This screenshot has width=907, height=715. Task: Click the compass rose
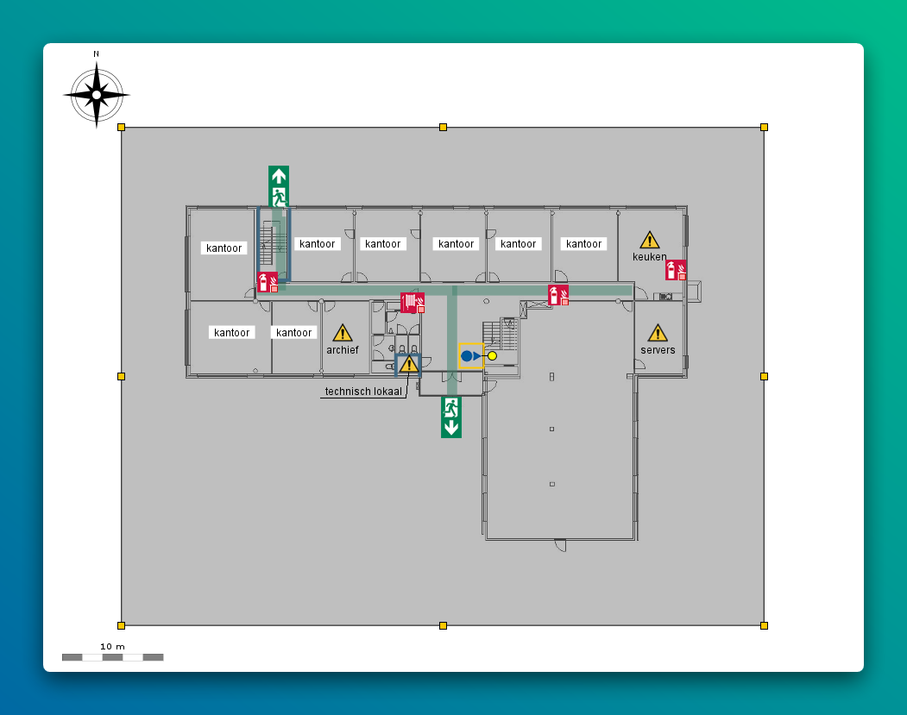click(97, 95)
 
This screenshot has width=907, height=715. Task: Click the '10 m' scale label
click(112, 646)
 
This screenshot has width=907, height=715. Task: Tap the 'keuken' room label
click(649, 257)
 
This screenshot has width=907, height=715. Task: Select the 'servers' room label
click(658, 350)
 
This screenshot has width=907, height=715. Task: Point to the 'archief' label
click(343, 350)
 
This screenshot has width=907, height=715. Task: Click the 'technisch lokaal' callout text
click(363, 392)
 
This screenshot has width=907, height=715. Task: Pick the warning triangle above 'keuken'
click(649, 240)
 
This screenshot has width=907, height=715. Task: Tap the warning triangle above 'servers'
click(658, 333)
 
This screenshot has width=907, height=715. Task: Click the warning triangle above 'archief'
click(343, 332)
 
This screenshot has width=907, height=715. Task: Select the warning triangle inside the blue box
click(408, 365)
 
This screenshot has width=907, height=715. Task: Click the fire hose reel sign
click(413, 303)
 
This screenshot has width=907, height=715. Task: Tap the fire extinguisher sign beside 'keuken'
click(676, 270)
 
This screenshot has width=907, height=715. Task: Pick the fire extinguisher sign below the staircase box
click(268, 282)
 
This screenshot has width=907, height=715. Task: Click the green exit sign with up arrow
click(279, 186)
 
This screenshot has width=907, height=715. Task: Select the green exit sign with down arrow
click(450, 417)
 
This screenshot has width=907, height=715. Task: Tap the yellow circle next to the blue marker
click(492, 355)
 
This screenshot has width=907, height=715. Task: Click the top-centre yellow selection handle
click(443, 128)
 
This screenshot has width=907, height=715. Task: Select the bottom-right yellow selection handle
click(764, 625)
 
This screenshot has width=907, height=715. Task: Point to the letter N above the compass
click(96, 53)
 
